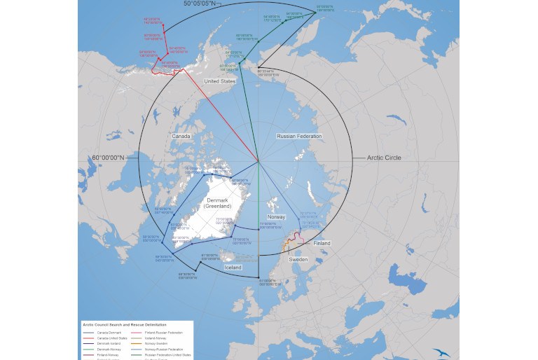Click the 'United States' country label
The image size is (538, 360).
point(219,81)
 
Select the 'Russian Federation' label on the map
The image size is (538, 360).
point(299,136)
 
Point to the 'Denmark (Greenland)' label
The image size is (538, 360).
point(223,203)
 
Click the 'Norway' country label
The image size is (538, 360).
point(276,217)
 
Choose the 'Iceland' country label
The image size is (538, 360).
point(233,268)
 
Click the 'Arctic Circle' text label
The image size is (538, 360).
point(384,158)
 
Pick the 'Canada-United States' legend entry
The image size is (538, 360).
point(111,338)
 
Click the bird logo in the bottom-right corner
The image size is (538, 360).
point(441,352)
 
